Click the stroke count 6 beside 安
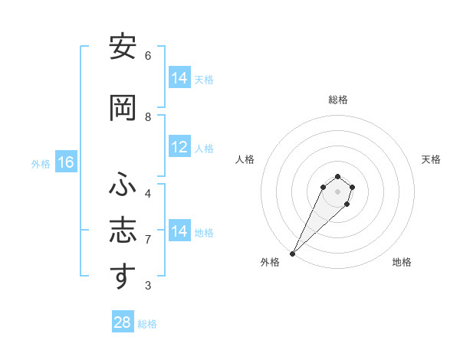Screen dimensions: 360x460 148,56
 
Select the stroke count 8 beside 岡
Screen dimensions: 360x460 148,117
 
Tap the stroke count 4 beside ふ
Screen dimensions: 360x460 148,193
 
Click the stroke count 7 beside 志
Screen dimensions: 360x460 148,240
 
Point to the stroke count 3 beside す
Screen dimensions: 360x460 148,286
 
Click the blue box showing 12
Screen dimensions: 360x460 179,148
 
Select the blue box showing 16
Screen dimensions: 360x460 66,162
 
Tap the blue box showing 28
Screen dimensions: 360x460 122,322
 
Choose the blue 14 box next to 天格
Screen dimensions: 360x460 179,78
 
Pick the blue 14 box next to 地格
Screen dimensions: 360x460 179,231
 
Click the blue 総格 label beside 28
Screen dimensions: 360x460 148,324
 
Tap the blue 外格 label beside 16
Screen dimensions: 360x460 41,164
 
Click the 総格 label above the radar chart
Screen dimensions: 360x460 337,100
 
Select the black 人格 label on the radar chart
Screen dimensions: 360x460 245,159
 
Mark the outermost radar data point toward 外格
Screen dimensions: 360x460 293,253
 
